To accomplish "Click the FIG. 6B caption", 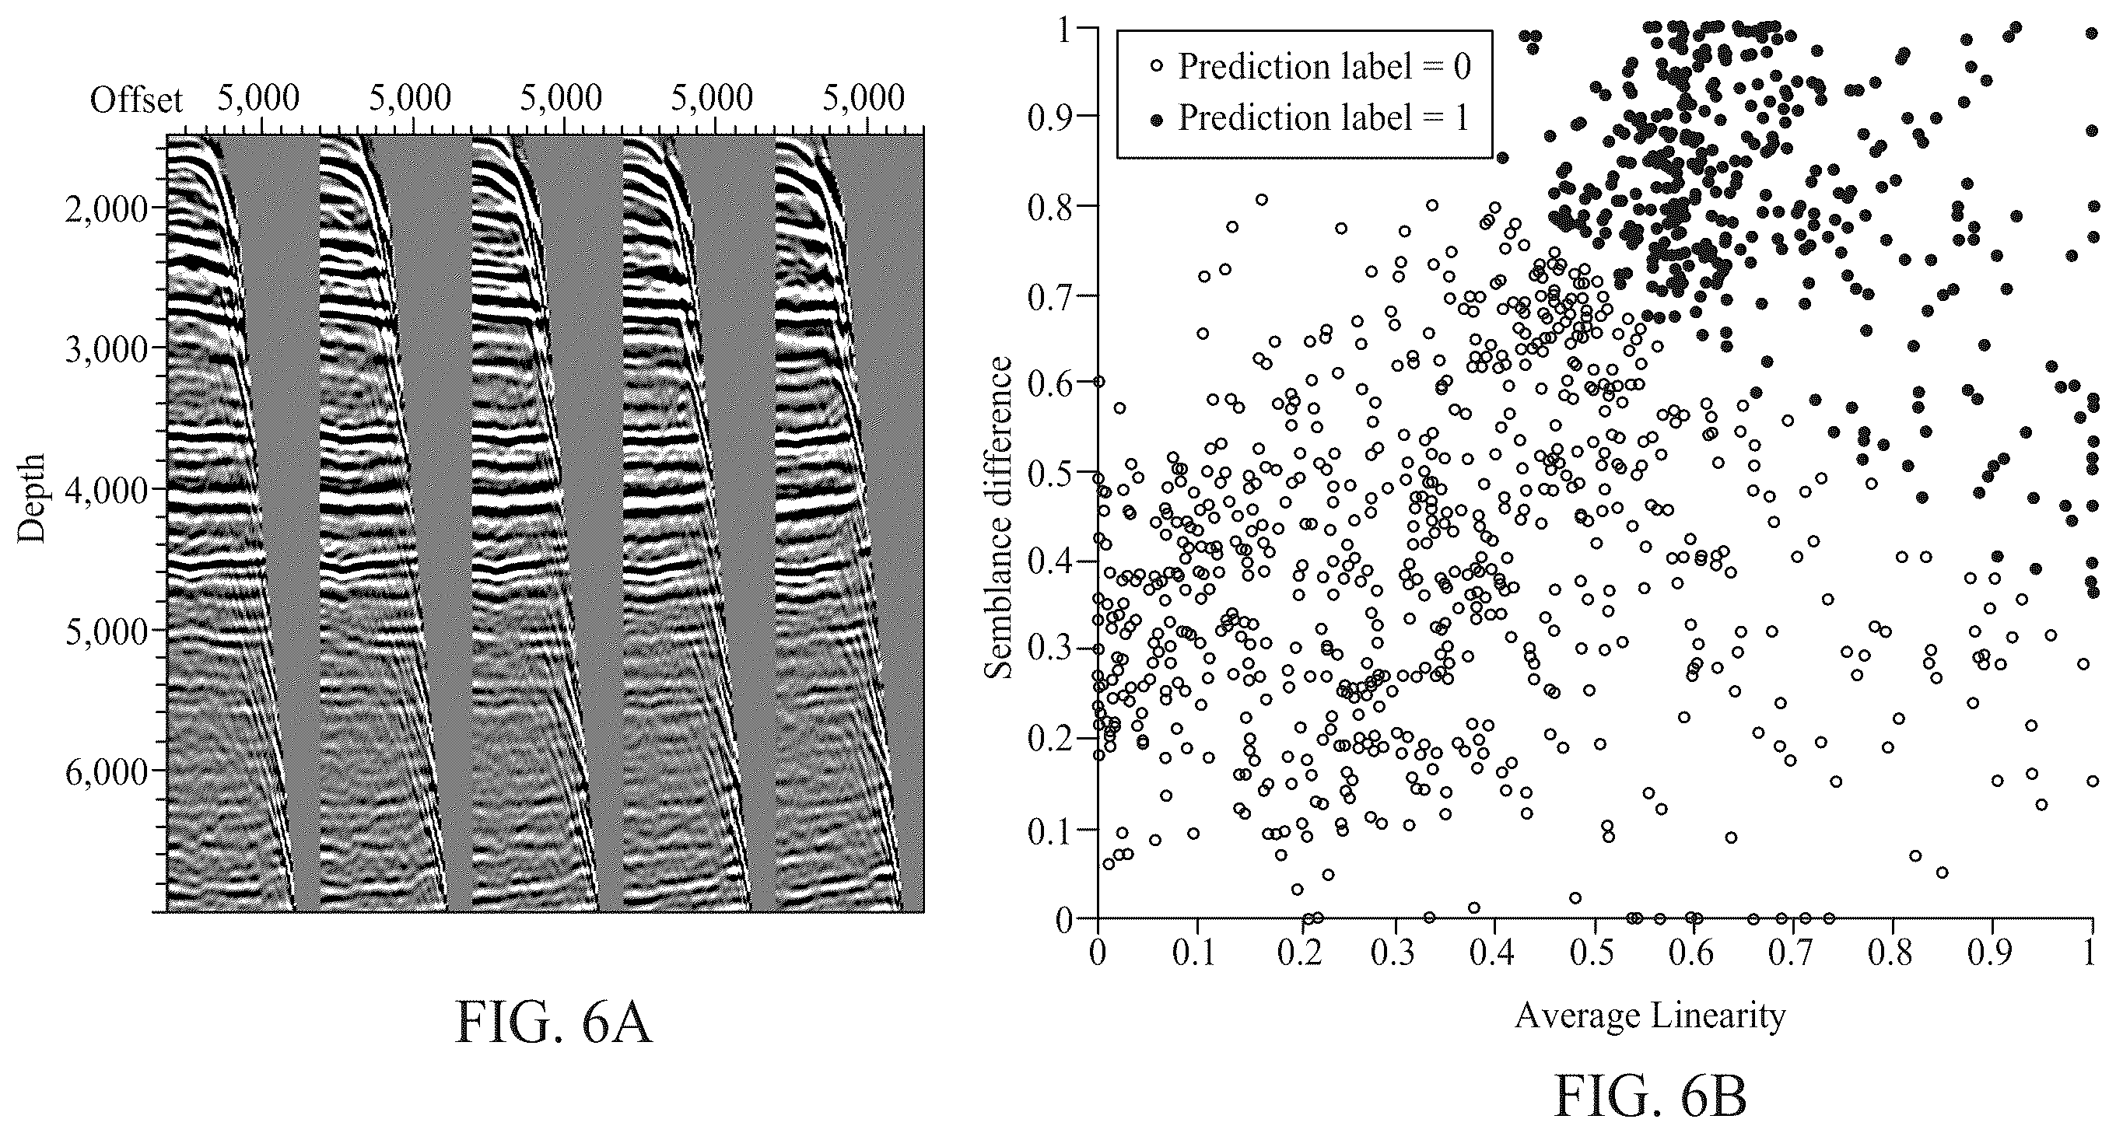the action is (1650, 1097).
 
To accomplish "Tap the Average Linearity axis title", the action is (1650, 1016).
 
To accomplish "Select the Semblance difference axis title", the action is (998, 518).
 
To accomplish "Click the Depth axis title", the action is (31, 498).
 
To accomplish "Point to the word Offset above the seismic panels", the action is (135, 100).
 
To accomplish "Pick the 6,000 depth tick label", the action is (106, 771).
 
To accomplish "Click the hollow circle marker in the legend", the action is (1158, 68).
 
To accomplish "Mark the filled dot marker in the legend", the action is (1158, 120).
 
